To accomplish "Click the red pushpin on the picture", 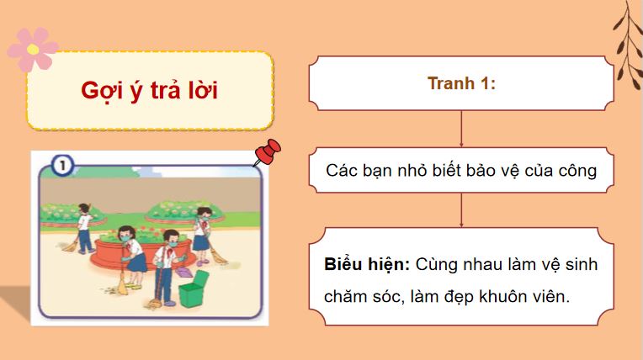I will pyautogui.click(x=268, y=153).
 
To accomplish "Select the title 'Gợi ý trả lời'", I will pyautogui.click(x=149, y=91).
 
